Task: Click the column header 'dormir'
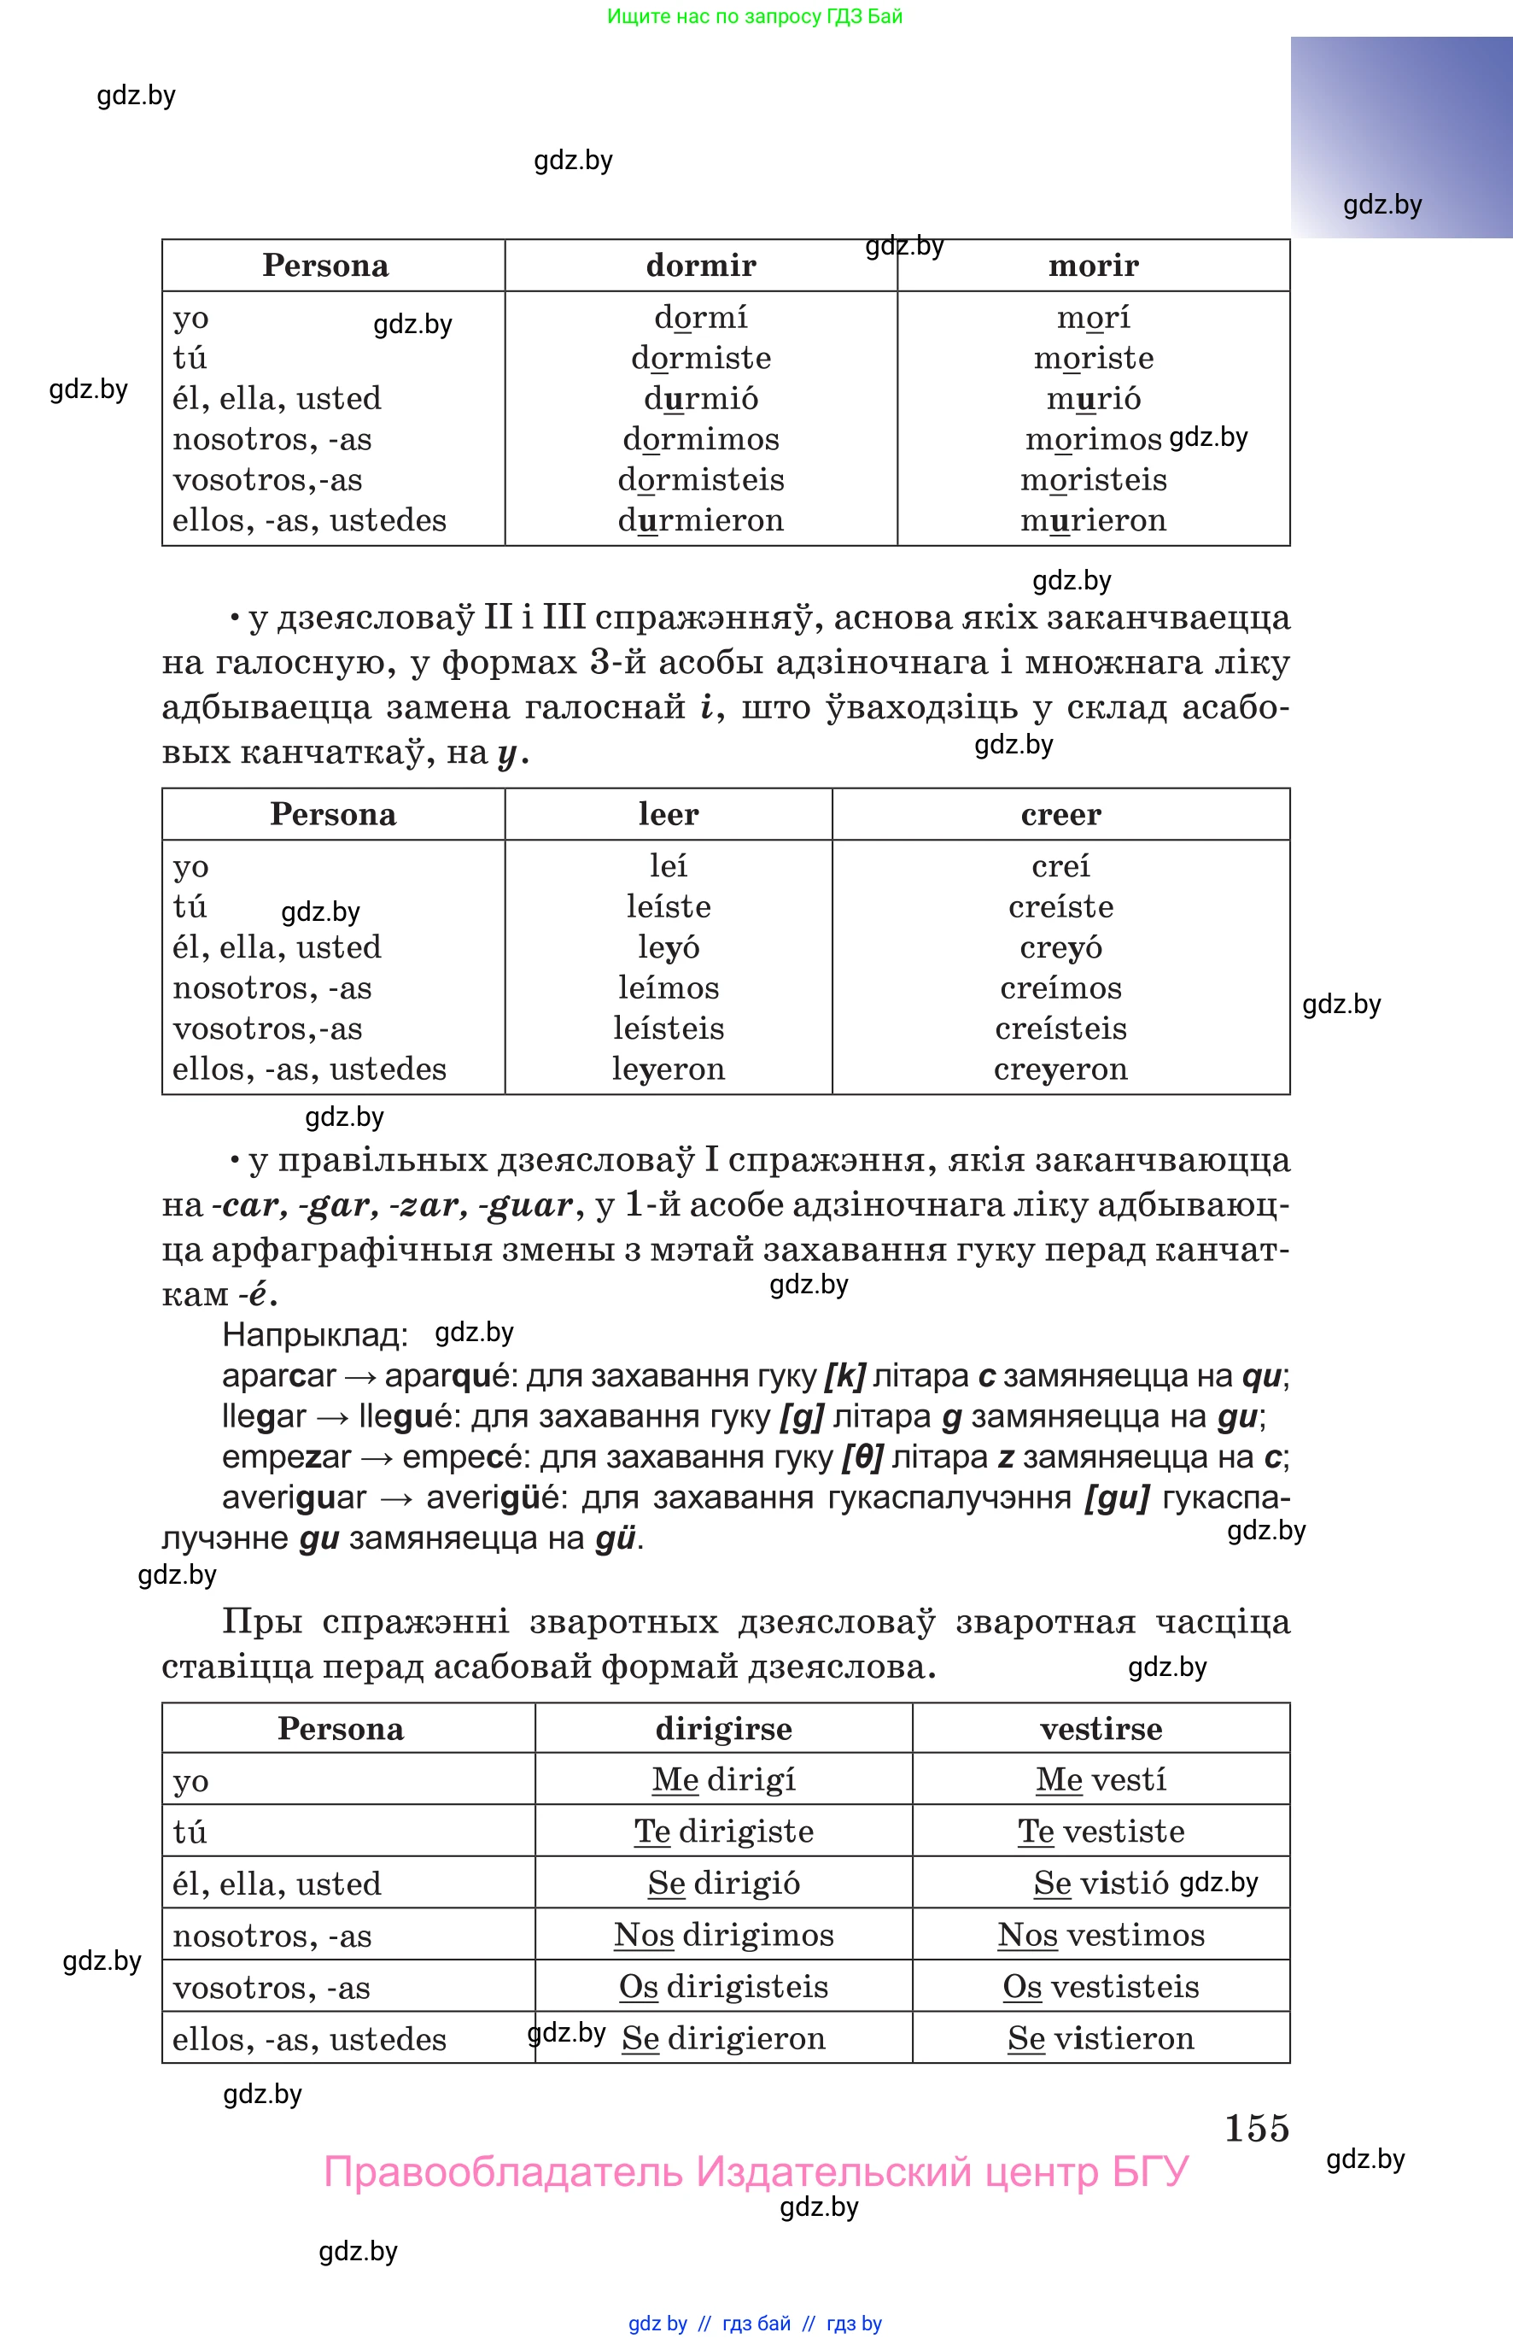[700, 266]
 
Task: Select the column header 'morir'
[1093, 266]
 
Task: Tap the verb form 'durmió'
[700, 399]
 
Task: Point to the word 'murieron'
[1093, 521]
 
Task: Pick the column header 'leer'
[668, 814]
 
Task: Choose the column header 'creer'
[1060, 814]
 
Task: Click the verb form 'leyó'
[668, 947]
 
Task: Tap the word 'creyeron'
[1060, 1069]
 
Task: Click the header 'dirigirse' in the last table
[723, 1729]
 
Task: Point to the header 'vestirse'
[1101, 1729]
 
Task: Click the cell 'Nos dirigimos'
[723, 1935]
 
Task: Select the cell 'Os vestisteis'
[1101, 1987]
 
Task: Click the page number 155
[1256, 2129]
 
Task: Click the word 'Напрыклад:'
[314, 1334]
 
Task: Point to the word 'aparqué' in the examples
[447, 1376]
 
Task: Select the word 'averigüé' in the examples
[494, 1497]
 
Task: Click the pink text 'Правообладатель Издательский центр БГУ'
[756, 2172]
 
